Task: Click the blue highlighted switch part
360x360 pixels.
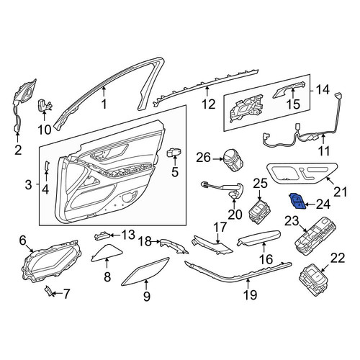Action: [x=297, y=201]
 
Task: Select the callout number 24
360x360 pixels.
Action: [x=323, y=204]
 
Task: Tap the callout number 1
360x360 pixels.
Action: [x=104, y=104]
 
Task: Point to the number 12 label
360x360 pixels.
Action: [x=208, y=104]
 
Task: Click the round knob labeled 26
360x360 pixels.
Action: [x=233, y=160]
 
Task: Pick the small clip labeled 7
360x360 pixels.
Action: [x=48, y=291]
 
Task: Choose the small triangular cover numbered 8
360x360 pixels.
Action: [x=107, y=252]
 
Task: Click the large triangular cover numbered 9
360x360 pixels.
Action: [x=146, y=271]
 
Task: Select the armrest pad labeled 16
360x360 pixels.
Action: [x=258, y=238]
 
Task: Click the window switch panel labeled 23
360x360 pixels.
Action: [x=315, y=236]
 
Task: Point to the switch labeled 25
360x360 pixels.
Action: [x=259, y=212]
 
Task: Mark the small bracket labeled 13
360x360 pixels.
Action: [x=103, y=236]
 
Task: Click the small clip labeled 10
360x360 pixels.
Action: [x=45, y=105]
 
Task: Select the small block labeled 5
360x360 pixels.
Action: [x=174, y=153]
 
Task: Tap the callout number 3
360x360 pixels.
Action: [x=28, y=185]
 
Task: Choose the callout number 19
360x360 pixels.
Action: [x=250, y=294]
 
